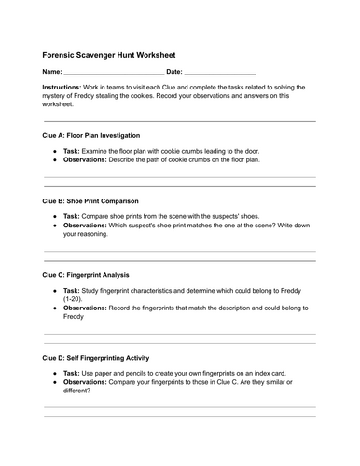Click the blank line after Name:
(x=115, y=72)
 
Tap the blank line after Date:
(x=221, y=72)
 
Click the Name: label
(x=52, y=71)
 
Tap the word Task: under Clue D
(x=72, y=373)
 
